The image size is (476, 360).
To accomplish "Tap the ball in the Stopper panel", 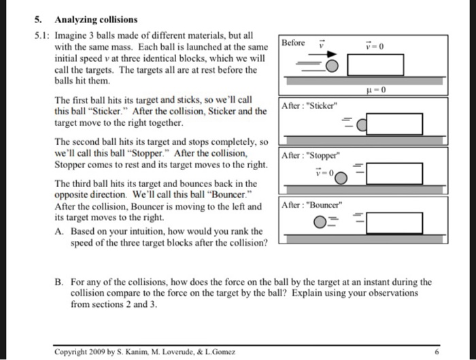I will pyautogui.click(x=340, y=176).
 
